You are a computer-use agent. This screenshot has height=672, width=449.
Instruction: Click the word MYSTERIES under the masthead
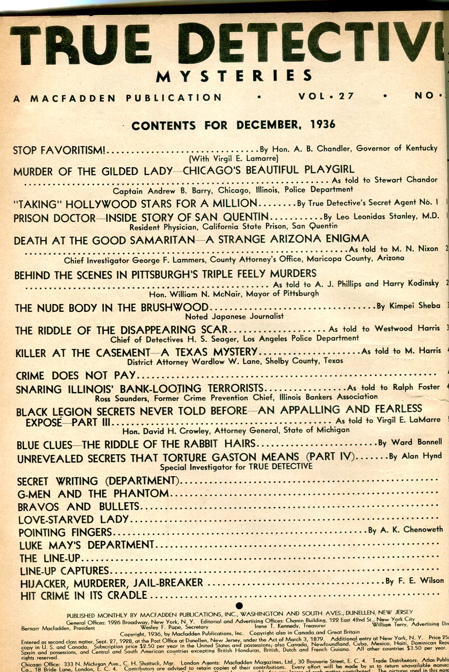[x=234, y=76]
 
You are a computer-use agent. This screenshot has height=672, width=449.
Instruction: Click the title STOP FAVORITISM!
[x=59, y=150]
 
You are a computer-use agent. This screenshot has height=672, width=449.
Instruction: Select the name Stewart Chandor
[x=406, y=180]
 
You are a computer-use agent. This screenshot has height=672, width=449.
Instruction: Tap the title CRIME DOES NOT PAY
[x=76, y=375]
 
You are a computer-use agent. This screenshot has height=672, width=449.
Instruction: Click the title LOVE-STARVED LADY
[x=74, y=519]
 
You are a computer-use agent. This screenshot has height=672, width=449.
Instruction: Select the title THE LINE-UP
[x=50, y=558]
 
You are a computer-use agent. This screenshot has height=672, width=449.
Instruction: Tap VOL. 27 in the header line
[x=326, y=96]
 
